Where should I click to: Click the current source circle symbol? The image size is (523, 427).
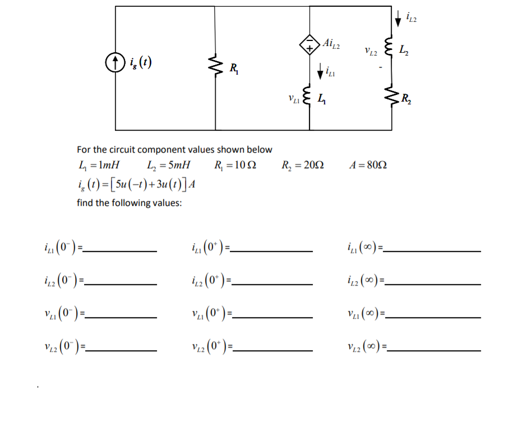115,60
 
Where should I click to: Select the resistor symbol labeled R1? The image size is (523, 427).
216,68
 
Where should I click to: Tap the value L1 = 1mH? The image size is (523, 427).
99,166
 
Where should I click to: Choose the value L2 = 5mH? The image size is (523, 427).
167,166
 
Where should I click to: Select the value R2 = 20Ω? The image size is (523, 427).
303,166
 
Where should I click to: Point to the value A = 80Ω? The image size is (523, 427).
368,166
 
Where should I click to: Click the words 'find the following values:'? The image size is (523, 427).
129,203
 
